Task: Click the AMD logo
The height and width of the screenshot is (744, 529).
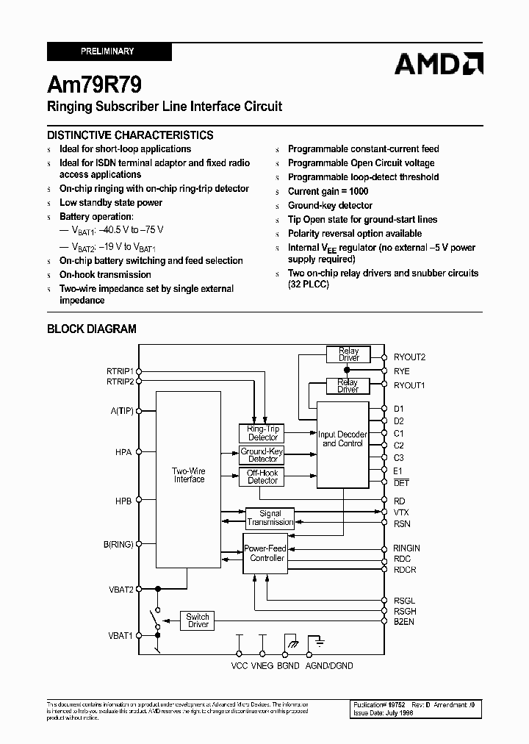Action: tap(438, 64)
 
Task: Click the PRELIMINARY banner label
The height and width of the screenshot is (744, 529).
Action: tap(107, 51)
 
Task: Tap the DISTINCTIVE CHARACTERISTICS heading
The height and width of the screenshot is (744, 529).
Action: tap(130, 135)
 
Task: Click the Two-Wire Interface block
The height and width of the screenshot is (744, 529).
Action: tap(189, 475)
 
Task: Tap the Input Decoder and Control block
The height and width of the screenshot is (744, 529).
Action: tap(342, 439)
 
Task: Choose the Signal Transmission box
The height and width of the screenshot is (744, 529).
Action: tap(270, 518)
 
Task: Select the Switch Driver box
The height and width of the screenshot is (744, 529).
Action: tap(198, 620)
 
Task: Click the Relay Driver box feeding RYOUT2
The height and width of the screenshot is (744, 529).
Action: tap(348, 354)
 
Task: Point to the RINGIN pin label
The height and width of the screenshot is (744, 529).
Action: tap(407, 548)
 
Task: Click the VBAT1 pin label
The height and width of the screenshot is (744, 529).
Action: tap(120, 635)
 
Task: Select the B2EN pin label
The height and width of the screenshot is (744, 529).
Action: tap(404, 621)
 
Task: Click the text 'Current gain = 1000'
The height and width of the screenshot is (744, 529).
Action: tap(328, 191)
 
